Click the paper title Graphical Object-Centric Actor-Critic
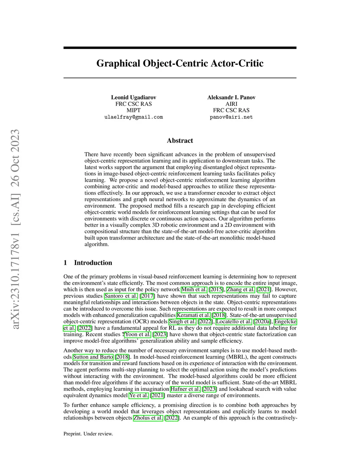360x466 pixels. click(180, 63)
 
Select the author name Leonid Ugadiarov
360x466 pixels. click(134, 97)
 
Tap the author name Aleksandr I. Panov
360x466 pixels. click(231, 97)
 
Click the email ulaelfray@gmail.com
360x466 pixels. click(134, 117)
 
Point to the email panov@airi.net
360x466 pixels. click(231, 117)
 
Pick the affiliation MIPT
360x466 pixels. click(134, 110)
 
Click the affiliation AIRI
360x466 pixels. click(231, 104)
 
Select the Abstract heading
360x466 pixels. click(180, 141)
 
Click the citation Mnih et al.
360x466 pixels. click(194, 289)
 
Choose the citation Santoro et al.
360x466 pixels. click(121, 296)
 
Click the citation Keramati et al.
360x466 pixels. click(193, 315)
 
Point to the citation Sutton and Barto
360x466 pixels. click(93, 357)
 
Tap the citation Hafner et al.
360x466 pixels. click(185, 389)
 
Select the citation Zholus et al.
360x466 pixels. click(148, 418)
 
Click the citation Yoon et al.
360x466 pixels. click(138, 334)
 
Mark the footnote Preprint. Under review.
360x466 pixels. click(88, 434)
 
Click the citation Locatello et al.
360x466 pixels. click(234, 321)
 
